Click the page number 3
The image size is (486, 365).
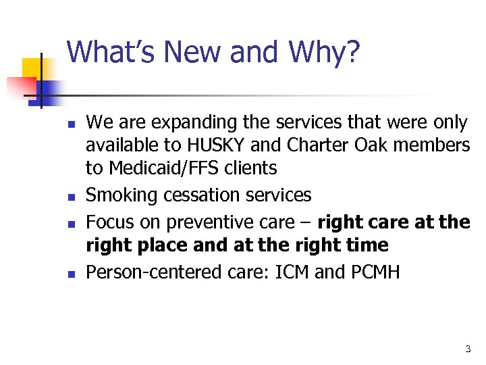pos(468,349)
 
